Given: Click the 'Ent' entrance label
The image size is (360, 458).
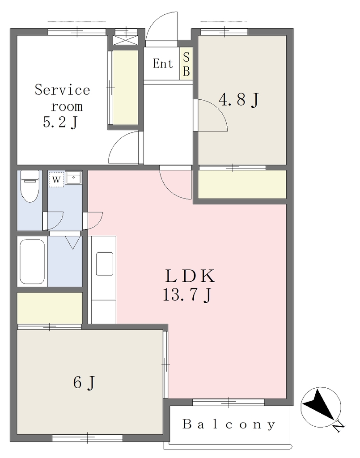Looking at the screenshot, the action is (x=163, y=64).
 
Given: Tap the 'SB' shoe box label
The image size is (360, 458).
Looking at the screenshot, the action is (x=186, y=64).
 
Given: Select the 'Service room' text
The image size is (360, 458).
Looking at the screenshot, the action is (x=63, y=98).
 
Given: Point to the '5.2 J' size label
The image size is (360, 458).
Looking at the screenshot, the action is (x=60, y=123).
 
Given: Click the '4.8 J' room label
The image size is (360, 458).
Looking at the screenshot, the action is (x=239, y=100).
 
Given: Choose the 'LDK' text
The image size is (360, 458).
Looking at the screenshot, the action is (x=190, y=276).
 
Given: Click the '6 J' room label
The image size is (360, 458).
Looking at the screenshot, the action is (x=84, y=382).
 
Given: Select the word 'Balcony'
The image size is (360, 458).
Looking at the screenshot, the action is (x=229, y=424).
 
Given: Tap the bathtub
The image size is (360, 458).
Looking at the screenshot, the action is (x=32, y=261).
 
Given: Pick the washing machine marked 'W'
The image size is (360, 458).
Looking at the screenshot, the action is (x=56, y=179).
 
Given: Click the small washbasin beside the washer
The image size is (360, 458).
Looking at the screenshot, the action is (x=73, y=178).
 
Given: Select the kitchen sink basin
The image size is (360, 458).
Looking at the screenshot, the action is (x=105, y=264).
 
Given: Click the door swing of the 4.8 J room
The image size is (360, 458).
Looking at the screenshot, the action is (x=211, y=115).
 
